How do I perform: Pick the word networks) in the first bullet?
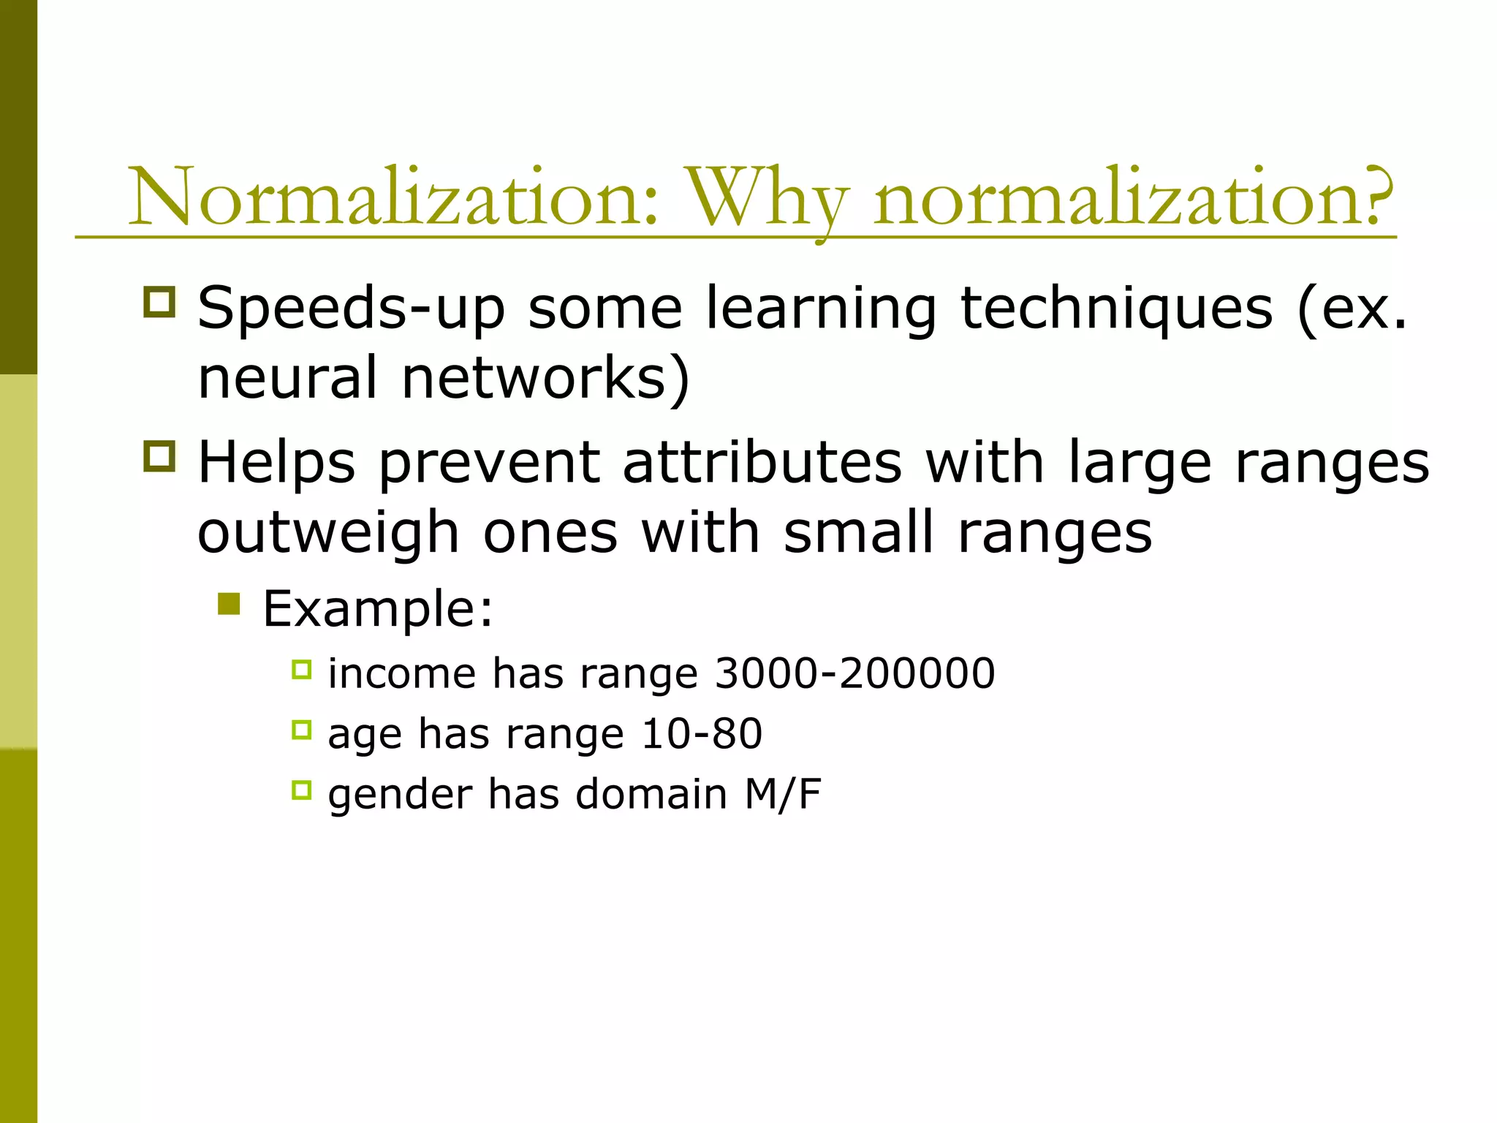545,378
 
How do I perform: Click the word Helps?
276,463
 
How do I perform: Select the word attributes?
762,463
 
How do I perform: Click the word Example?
378,608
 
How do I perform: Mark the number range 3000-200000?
854,673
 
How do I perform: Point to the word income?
402,673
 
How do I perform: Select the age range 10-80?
701,733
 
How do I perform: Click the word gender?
400,795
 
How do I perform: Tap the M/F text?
783,794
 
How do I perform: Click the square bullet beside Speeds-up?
160,301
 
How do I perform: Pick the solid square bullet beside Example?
229,604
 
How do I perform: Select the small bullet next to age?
301,729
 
